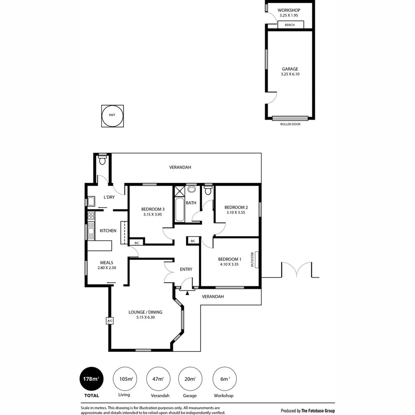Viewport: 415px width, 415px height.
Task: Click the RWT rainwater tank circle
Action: (x=113, y=116)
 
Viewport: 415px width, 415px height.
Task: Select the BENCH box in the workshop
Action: (x=290, y=24)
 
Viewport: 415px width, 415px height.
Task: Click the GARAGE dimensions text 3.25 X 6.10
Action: (x=290, y=74)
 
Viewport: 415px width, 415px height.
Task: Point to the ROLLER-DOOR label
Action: (x=290, y=124)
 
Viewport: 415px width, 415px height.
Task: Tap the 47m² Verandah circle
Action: (x=158, y=379)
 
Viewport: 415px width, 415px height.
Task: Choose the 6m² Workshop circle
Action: (x=225, y=379)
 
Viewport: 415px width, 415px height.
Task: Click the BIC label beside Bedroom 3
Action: (x=136, y=243)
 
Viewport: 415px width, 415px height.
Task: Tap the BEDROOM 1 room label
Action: (x=230, y=259)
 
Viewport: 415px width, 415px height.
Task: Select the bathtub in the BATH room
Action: (x=179, y=210)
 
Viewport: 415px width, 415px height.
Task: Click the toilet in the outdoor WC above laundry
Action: (x=102, y=161)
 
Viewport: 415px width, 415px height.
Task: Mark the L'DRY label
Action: (x=109, y=197)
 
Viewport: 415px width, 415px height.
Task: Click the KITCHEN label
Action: (x=108, y=231)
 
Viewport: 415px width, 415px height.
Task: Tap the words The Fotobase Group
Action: (x=318, y=410)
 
